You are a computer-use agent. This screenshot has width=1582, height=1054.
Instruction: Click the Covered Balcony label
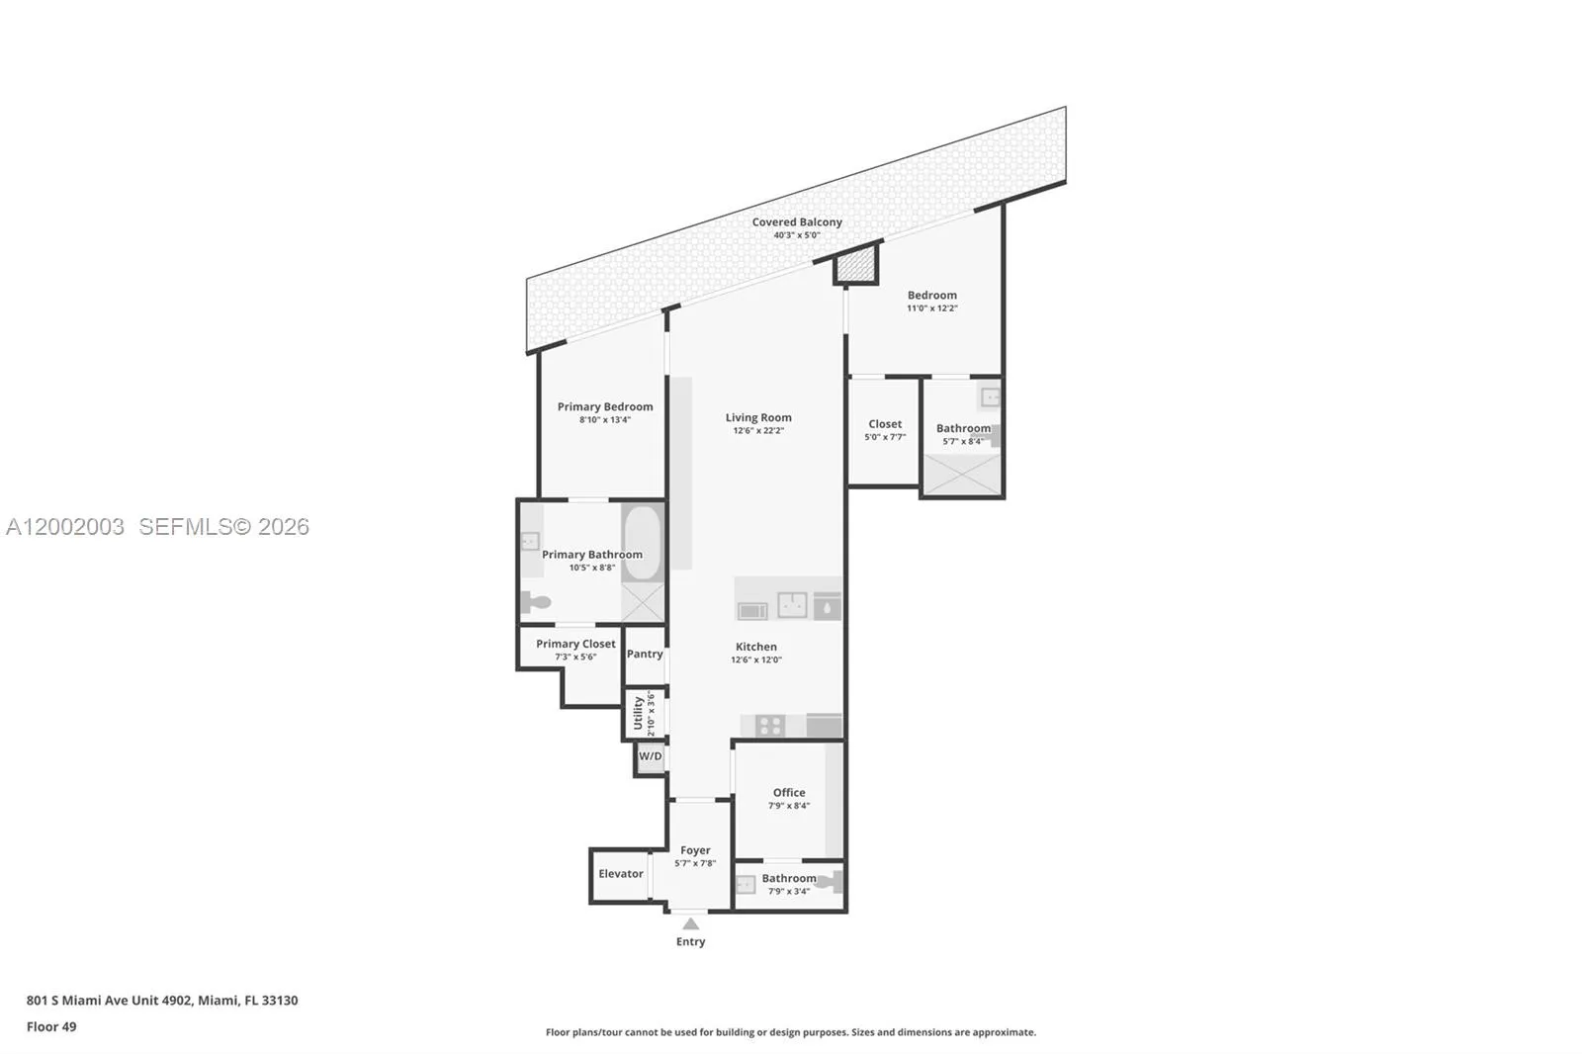[797, 222]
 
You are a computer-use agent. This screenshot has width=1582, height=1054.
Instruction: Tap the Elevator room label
[621, 874]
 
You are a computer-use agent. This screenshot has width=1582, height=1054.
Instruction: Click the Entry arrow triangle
[691, 924]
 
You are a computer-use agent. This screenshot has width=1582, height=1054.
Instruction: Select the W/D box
[651, 757]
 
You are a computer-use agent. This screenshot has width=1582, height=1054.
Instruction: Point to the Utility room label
[639, 713]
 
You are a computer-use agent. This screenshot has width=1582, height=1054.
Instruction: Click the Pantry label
[645, 655]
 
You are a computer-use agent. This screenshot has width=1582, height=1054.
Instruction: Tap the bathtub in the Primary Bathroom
[642, 543]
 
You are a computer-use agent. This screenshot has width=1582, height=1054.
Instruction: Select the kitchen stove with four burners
[770, 726]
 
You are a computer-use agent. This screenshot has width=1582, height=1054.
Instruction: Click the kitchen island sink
[792, 604]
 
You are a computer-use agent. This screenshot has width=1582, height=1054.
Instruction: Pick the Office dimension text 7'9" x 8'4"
[789, 806]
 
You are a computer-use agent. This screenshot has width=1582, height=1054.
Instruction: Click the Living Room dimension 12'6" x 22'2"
[758, 431]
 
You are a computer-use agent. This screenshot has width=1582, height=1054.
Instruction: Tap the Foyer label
[695, 850]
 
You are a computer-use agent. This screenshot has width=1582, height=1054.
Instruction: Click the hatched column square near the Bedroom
[856, 266]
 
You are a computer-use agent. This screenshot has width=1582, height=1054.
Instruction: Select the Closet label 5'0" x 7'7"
[885, 430]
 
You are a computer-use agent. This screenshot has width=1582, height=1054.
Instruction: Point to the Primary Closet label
[575, 644]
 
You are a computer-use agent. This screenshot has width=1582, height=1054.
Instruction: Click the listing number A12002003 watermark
[65, 527]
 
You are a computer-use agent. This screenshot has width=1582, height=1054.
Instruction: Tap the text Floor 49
[51, 1026]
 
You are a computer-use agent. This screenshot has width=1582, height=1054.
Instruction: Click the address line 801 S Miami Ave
[162, 1001]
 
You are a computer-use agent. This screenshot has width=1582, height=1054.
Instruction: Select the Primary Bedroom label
[605, 407]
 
